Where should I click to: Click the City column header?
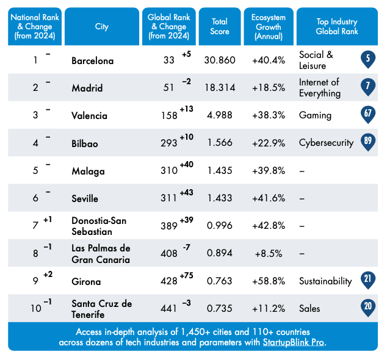pos(102,27)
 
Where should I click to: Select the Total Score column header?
pos(219,27)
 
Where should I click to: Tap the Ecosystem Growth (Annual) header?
pos(269,27)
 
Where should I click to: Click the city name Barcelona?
pos(92,61)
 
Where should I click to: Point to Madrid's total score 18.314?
pos(219,88)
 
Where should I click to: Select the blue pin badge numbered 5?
pos(367,59)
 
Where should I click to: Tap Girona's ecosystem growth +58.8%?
pos(269,282)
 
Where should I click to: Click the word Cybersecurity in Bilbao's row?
pos(326,143)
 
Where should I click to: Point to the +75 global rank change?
pos(186,275)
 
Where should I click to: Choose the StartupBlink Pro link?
pos(294,342)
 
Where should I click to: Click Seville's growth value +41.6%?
pos(269,198)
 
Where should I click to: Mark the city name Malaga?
pos(88,171)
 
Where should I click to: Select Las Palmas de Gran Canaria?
pos(101,254)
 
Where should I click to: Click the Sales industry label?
pos(309,309)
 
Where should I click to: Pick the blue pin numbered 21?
pos(367,280)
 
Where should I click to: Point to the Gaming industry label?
pos(315,115)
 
